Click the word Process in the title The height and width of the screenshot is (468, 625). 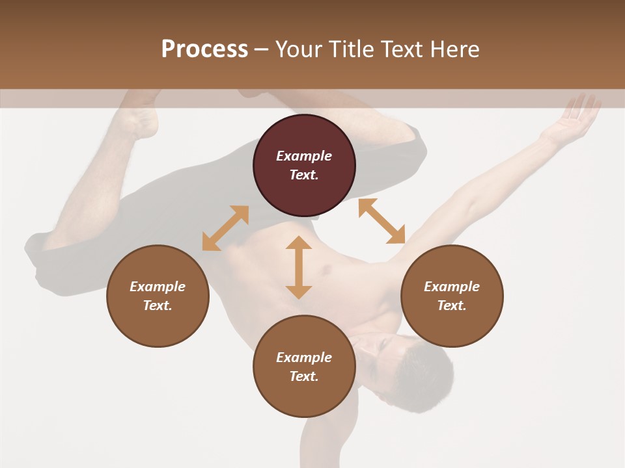pyautogui.click(x=204, y=49)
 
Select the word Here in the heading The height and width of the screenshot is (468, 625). pyautogui.click(x=455, y=49)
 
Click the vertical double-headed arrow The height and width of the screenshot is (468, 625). pyautogui.click(x=299, y=267)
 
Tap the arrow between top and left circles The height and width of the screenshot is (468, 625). pyautogui.click(x=225, y=228)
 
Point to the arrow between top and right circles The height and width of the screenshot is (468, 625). pyautogui.click(x=382, y=221)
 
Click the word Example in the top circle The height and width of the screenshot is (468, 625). pyautogui.click(x=304, y=156)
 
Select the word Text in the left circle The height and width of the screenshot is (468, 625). pyautogui.click(x=158, y=305)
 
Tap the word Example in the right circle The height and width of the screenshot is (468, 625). pyautogui.click(x=452, y=287)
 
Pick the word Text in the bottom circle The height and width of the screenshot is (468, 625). pyautogui.click(x=304, y=376)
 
